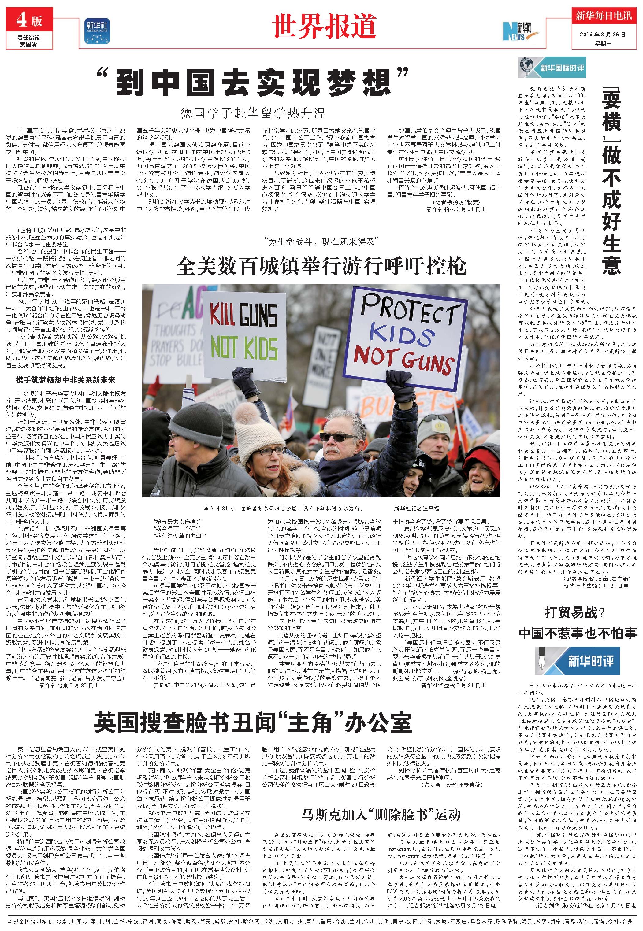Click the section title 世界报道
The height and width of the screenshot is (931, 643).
(x=324, y=27)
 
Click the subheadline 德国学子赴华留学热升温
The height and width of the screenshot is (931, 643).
(x=253, y=113)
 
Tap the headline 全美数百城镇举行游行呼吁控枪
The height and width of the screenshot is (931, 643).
(x=321, y=265)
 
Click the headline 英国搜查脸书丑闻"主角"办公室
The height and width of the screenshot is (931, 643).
(x=253, y=723)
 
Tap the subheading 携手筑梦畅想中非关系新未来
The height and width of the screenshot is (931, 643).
(x=66, y=380)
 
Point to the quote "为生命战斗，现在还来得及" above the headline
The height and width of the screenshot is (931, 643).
(x=321, y=242)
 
